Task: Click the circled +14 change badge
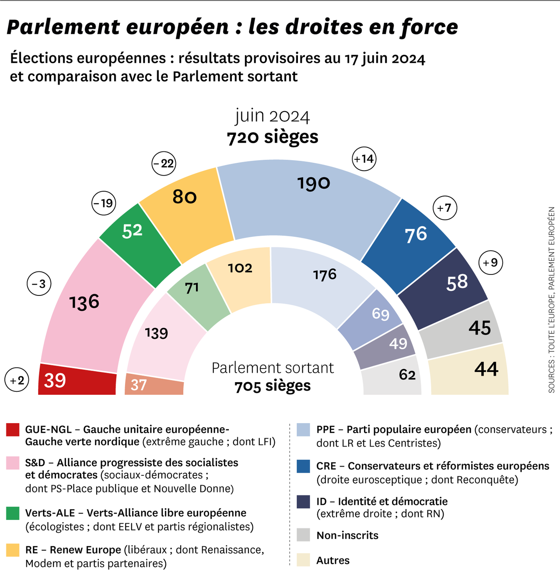[364, 159]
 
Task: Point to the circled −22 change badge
[164, 164]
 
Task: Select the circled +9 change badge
[491, 263]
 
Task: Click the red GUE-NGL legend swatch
[13, 430]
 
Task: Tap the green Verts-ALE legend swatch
[13, 513]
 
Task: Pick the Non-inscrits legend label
[347, 535]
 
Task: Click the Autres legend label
[333, 561]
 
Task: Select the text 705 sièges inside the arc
[273, 386]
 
